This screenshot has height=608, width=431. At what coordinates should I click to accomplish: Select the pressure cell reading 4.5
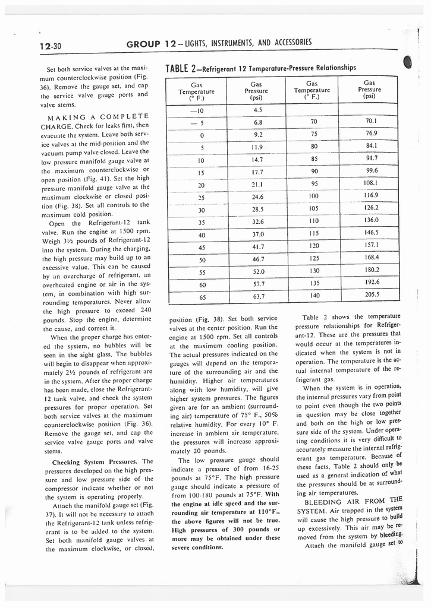(x=257, y=109)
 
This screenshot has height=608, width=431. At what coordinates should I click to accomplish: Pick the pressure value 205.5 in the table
(x=372, y=294)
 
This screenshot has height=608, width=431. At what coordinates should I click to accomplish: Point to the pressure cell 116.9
(x=372, y=195)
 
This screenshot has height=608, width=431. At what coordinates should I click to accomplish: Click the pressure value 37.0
(x=257, y=234)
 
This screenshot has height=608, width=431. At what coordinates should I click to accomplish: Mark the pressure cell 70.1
(x=372, y=121)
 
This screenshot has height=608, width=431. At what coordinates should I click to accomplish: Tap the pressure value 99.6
(x=372, y=170)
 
